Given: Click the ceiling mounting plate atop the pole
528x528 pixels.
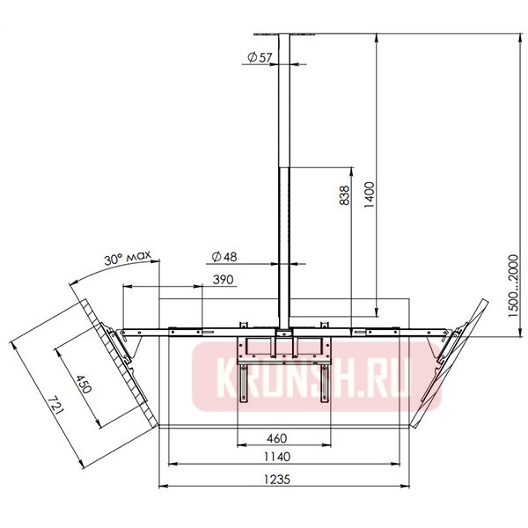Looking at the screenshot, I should pos(284,34).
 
